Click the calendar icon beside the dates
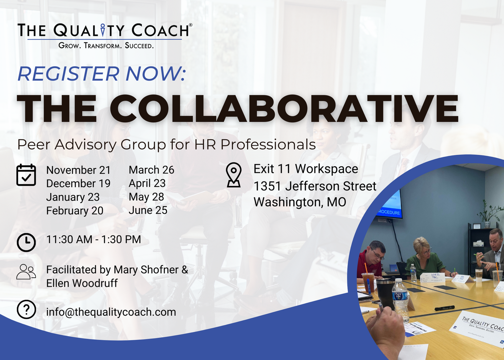26,175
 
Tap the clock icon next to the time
26,242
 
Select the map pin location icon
234,175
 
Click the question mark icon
26,310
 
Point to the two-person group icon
26,272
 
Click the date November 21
78,170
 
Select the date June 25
148,210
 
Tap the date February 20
75,211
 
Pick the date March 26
152,170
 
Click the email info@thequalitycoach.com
111,312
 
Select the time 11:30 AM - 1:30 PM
93,239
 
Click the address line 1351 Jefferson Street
315,186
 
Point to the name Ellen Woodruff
82,283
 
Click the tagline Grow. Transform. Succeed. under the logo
106,46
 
